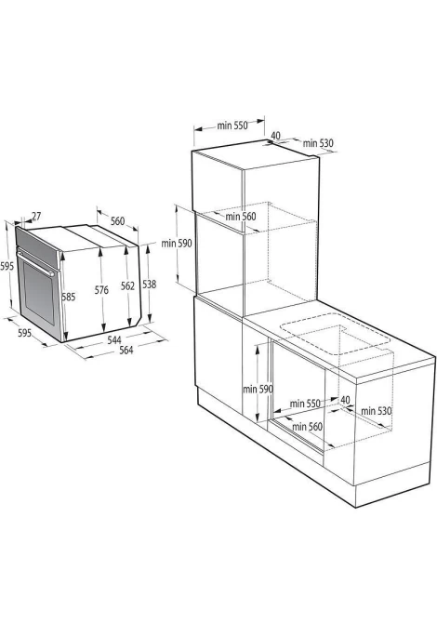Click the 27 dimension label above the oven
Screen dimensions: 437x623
(x=36, y=217)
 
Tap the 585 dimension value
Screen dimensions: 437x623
(x=68, y=297)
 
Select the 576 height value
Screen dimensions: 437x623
(x=101, y=290)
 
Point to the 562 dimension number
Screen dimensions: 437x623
(x=127, y=286)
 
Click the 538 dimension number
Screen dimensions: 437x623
(x=150, y=285)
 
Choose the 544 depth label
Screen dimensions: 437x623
(x=114, y=339)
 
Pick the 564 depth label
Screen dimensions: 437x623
(x=126, y=350)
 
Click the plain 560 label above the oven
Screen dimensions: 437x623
(x=117, y=221)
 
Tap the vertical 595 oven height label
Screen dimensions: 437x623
(x=7, y=266)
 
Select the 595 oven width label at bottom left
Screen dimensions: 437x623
(x=24, y=333)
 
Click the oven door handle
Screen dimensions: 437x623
(x=36, y=263)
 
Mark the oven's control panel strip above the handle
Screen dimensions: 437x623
(x=36, y=243)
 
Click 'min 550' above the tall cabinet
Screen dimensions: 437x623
(x=232, y=126)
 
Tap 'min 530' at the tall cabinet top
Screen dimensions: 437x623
(x=318, y=143)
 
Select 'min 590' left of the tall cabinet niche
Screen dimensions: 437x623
(x=177, y=244)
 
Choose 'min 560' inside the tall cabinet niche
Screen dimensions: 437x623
(x=241, y=217)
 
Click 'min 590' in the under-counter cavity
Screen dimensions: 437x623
(x=258, y=390)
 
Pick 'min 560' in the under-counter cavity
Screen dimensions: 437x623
(x=307, y=427)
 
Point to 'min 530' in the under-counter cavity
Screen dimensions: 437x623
(x=377, y=410)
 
